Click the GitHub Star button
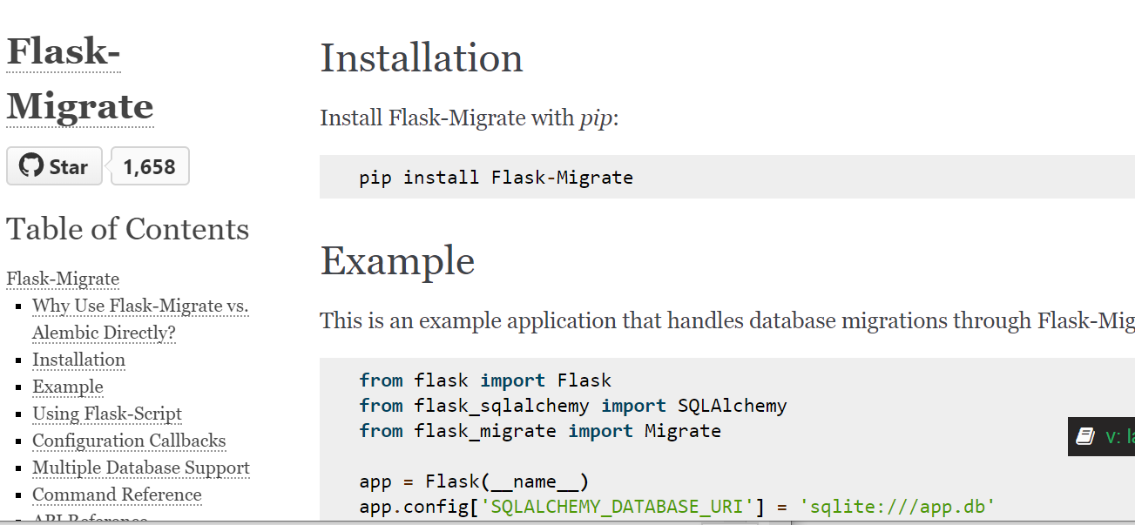[54, 166]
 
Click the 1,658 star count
[149, 166]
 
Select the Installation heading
[422, 58]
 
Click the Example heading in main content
[397, 260]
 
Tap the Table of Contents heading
[127, 229]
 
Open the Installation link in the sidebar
[78, 360]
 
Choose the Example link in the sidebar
[68, 387]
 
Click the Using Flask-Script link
[107, 414]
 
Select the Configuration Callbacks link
[129, 441]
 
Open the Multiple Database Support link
[141, 468]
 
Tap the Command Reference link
[117, 495]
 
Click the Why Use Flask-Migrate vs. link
[140, 306]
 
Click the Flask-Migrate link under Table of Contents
[63, 279]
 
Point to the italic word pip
[597, 118]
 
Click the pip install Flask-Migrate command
[496, 178]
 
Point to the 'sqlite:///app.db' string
[897, 507]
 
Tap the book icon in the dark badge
[1084, 436]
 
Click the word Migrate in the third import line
[682, 431]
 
